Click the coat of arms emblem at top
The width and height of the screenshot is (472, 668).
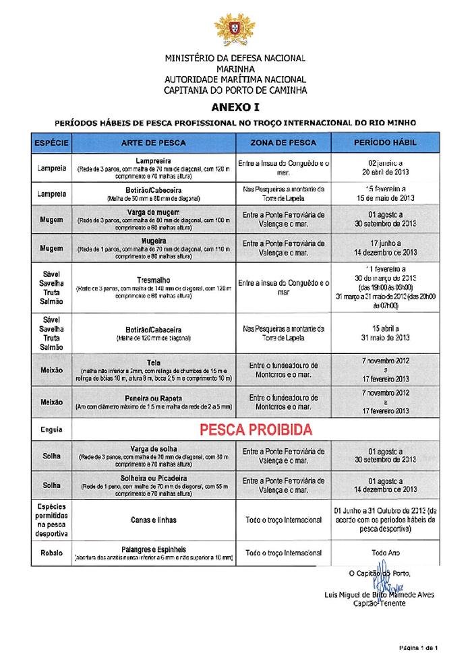coord(235,28)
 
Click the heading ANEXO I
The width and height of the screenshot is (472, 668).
coord(235,107)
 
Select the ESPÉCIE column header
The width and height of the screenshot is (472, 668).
coord(51,144)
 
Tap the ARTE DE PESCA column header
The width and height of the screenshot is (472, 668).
coord(154,144)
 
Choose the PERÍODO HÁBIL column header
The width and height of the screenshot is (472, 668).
coord(385,144)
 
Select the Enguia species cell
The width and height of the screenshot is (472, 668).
coord(51,428)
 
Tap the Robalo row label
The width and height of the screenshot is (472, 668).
coord(51,553)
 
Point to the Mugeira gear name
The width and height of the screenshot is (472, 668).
coord(155,240)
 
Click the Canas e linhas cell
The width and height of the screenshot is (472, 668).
coord(155,520)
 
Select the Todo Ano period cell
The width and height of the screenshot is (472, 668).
coord(385,553)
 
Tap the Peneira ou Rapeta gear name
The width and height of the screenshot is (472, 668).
coord(155,398)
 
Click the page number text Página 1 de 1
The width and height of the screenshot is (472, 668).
coord(419,648)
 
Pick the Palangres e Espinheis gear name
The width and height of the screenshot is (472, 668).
coord(155,549)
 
